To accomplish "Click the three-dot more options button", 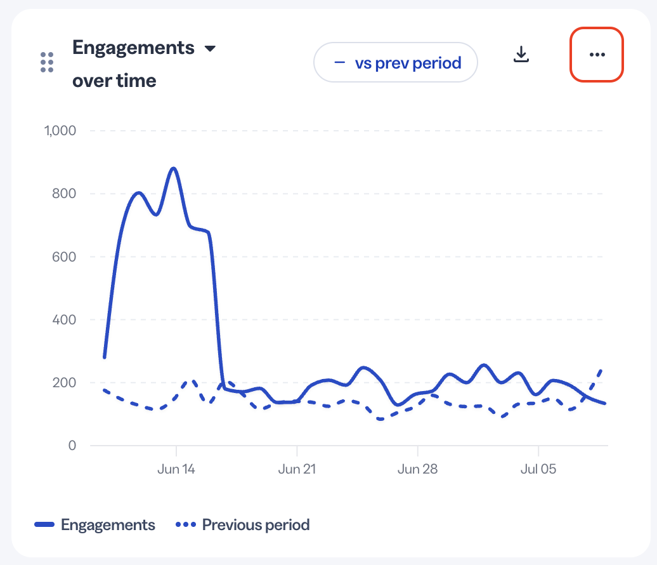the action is coord(597,55).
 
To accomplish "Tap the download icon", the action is coord(521,55).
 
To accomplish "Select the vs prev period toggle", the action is coord(396,62).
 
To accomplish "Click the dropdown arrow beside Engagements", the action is coord(210,49).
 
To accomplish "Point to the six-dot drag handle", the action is coord(47,62).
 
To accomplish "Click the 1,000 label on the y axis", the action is coord(60,131).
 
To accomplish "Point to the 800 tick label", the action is coord(64,194).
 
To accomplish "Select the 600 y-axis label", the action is coord(64,256).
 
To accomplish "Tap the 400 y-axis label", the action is coord(64,319).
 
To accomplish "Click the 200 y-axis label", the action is coord(64,383).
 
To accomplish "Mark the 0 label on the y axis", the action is coord(72,446).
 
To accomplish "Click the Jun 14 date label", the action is coord(176,469).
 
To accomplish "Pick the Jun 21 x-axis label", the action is coord(297,469).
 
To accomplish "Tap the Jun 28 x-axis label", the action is coord(417,469).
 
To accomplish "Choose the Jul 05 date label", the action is coord(538,469).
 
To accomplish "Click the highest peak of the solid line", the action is coord(174,169).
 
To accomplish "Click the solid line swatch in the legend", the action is coord(44,524).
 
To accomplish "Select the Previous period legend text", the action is coord(256,525).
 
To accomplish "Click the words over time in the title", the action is coord(114,81).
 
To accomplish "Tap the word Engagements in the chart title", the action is coord(133,48).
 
